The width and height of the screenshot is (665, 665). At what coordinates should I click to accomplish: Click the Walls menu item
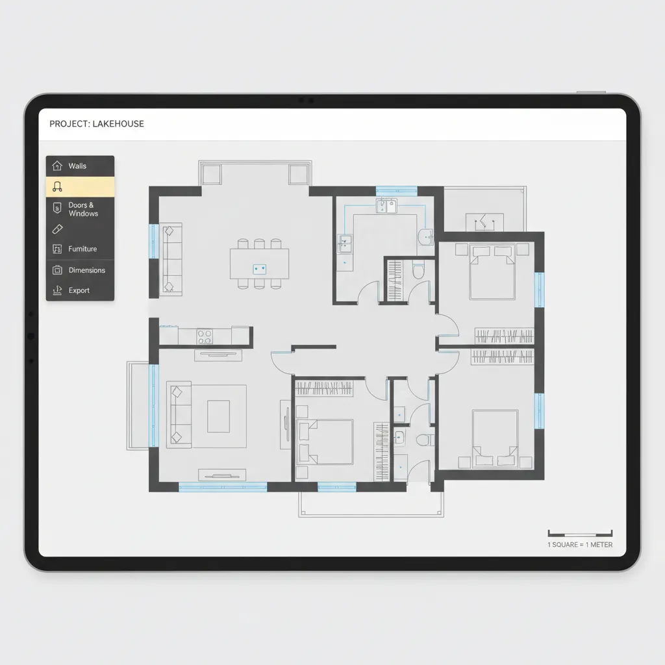(x=80, y=166)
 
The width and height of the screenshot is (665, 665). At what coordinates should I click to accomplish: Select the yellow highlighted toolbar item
(x=80, y=186)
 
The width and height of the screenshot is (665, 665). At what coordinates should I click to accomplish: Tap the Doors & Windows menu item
(x=80, y=209)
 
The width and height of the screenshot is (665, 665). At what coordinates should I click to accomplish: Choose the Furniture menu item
(x=80, y=249)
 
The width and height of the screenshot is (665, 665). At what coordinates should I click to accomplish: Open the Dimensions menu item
(x=80, y=270)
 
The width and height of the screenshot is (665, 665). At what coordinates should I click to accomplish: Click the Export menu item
(x=80, y=290)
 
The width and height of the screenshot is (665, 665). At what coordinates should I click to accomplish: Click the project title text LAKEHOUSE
(x=118, y=124)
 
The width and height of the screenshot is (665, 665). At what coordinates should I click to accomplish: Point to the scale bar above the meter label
(x=580, y=534)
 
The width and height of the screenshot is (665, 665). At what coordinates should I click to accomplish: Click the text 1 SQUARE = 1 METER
(x=580, y=545)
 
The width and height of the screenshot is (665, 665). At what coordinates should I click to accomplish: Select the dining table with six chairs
(x=260, y=264)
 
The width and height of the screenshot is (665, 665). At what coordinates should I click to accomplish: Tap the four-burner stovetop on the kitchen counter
(x=205, y=337)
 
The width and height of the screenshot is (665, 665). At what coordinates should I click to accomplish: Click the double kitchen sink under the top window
(x=386, y=206)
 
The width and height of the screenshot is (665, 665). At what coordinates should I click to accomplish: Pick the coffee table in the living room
(x=218, y=416)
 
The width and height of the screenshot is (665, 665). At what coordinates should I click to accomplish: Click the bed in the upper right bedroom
(x=492, y=272)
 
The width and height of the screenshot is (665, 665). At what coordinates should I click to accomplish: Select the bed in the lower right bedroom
(x=496, y=438)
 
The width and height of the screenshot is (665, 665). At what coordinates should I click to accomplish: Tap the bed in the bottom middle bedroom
(x=325, y=442)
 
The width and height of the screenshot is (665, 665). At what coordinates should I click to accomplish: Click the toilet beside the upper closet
(x=419, y=271)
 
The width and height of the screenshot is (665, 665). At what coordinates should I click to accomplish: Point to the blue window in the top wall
(x=397, y=191)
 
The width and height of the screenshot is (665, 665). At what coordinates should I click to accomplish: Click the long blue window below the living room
(x=223, y=487)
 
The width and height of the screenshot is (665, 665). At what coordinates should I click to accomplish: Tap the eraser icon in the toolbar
(x=57, y=229)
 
